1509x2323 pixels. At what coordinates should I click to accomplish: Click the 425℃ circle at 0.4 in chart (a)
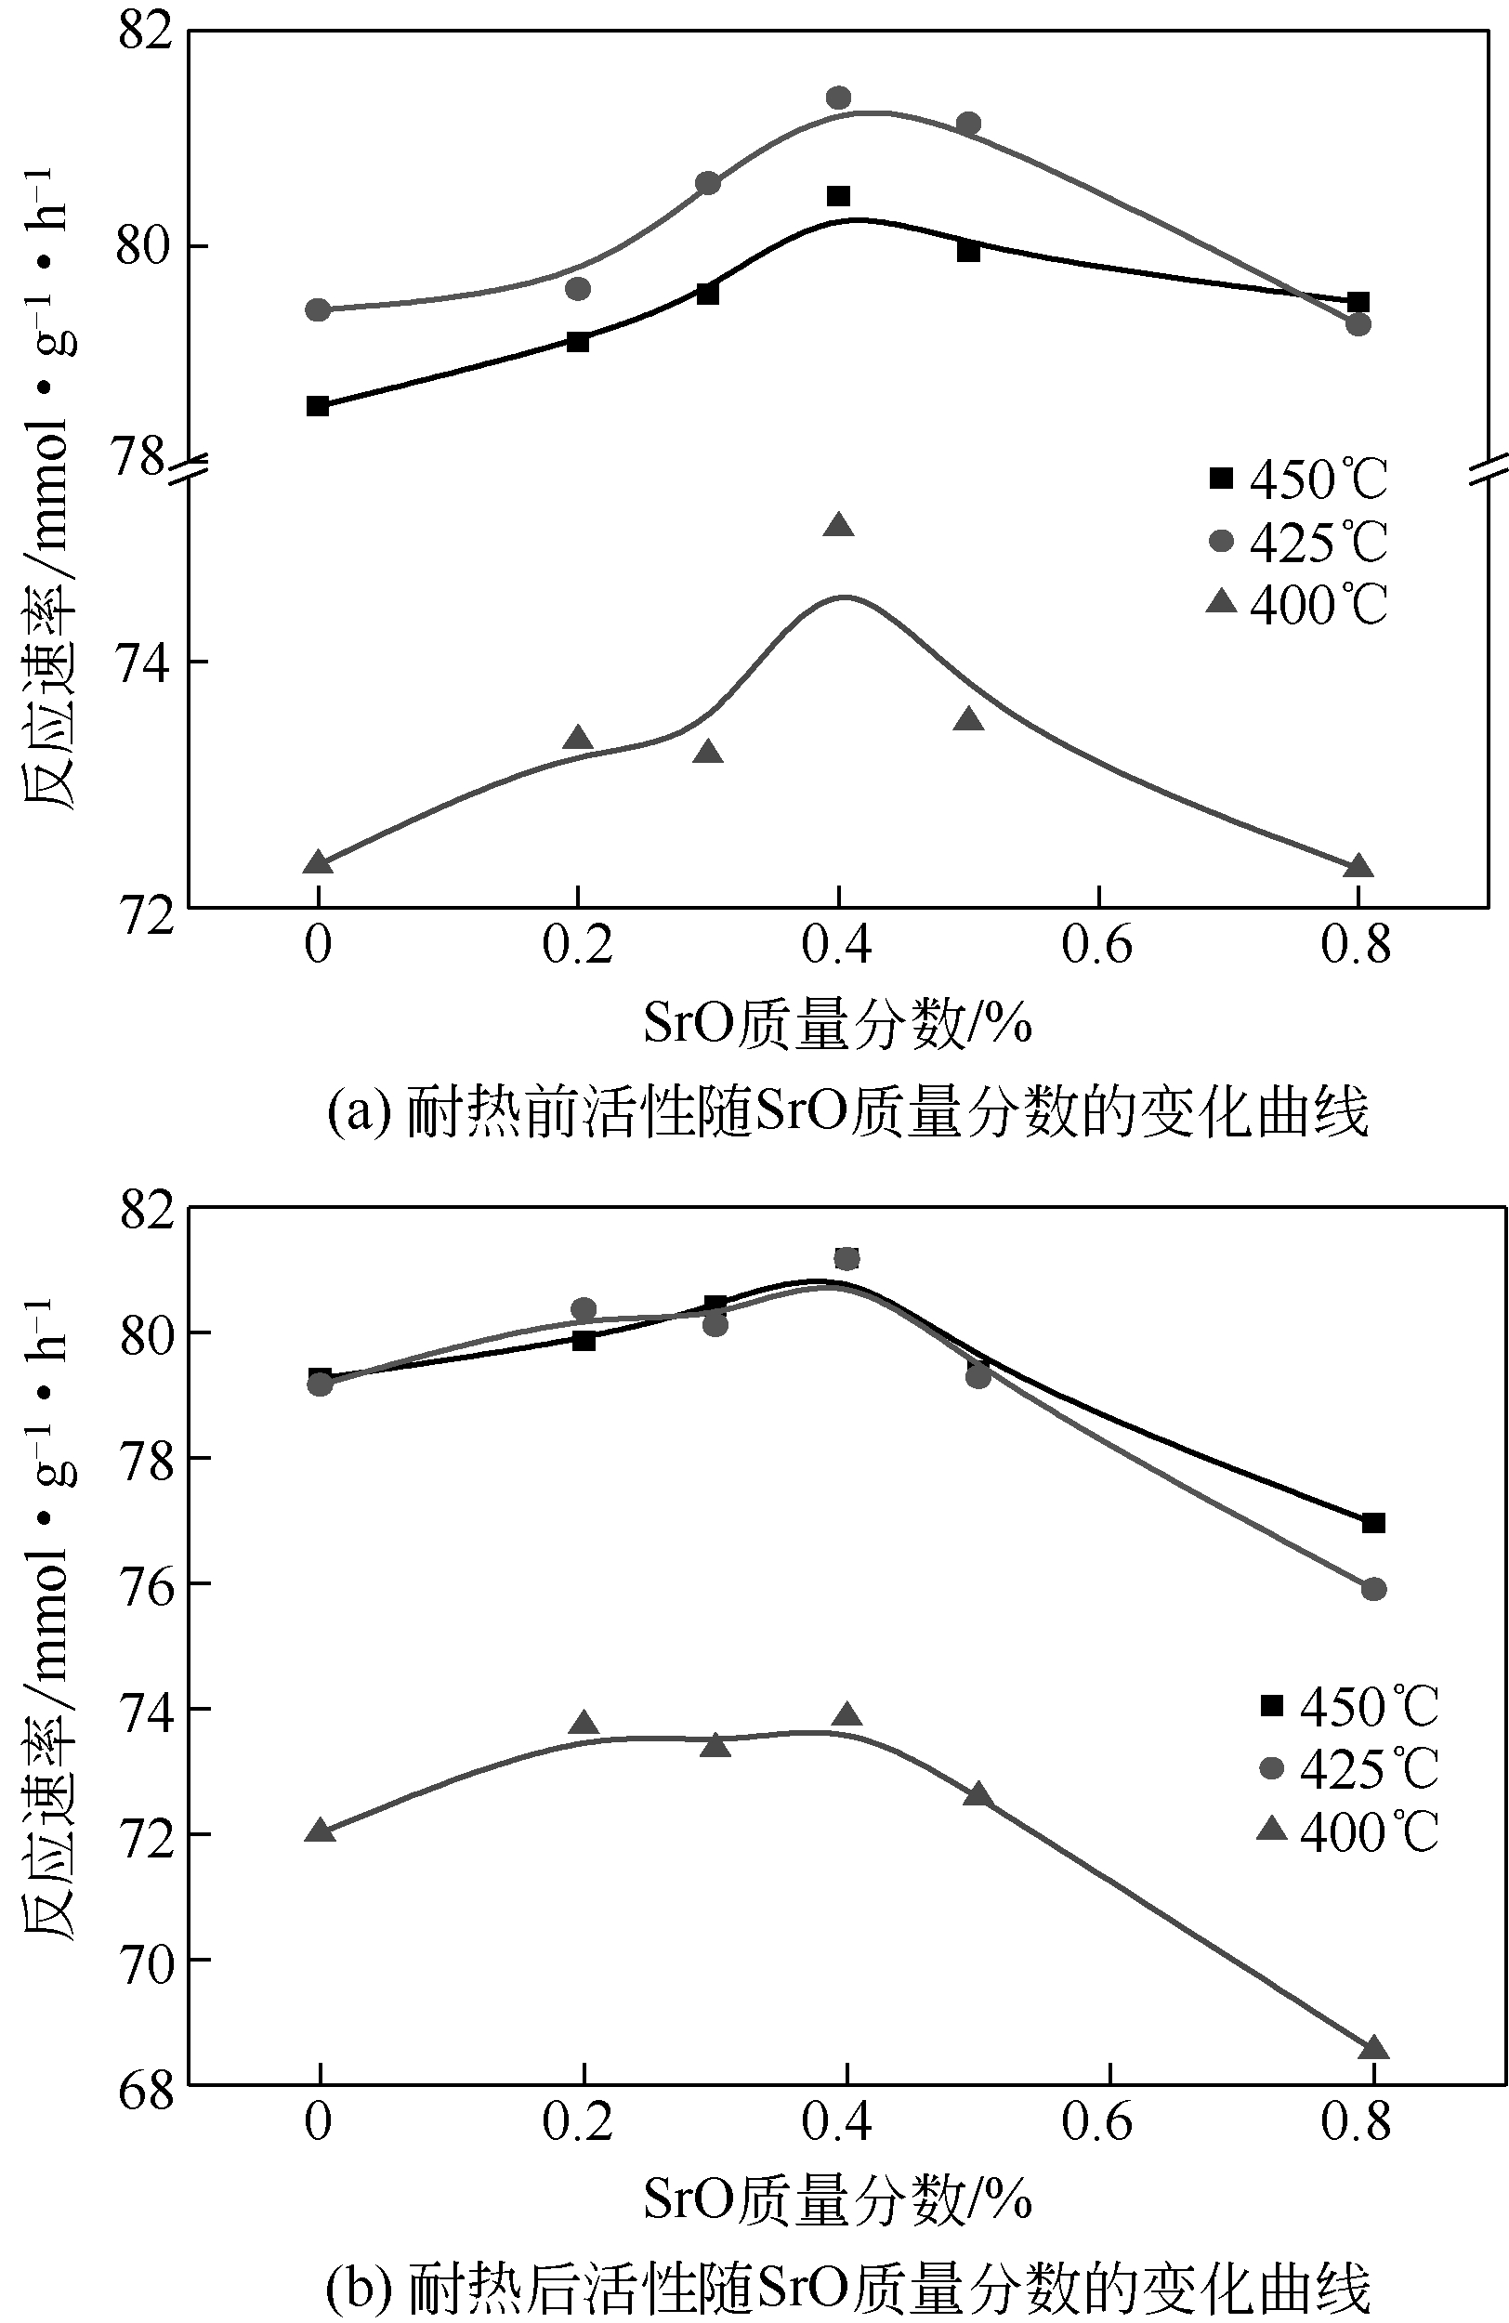click(838, 98)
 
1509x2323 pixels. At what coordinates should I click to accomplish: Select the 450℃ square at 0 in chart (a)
click(317, 405)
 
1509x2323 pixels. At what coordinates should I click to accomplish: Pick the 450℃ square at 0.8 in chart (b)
click(1373, 1523)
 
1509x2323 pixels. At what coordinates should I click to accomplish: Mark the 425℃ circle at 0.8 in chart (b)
click(1373, 1589)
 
